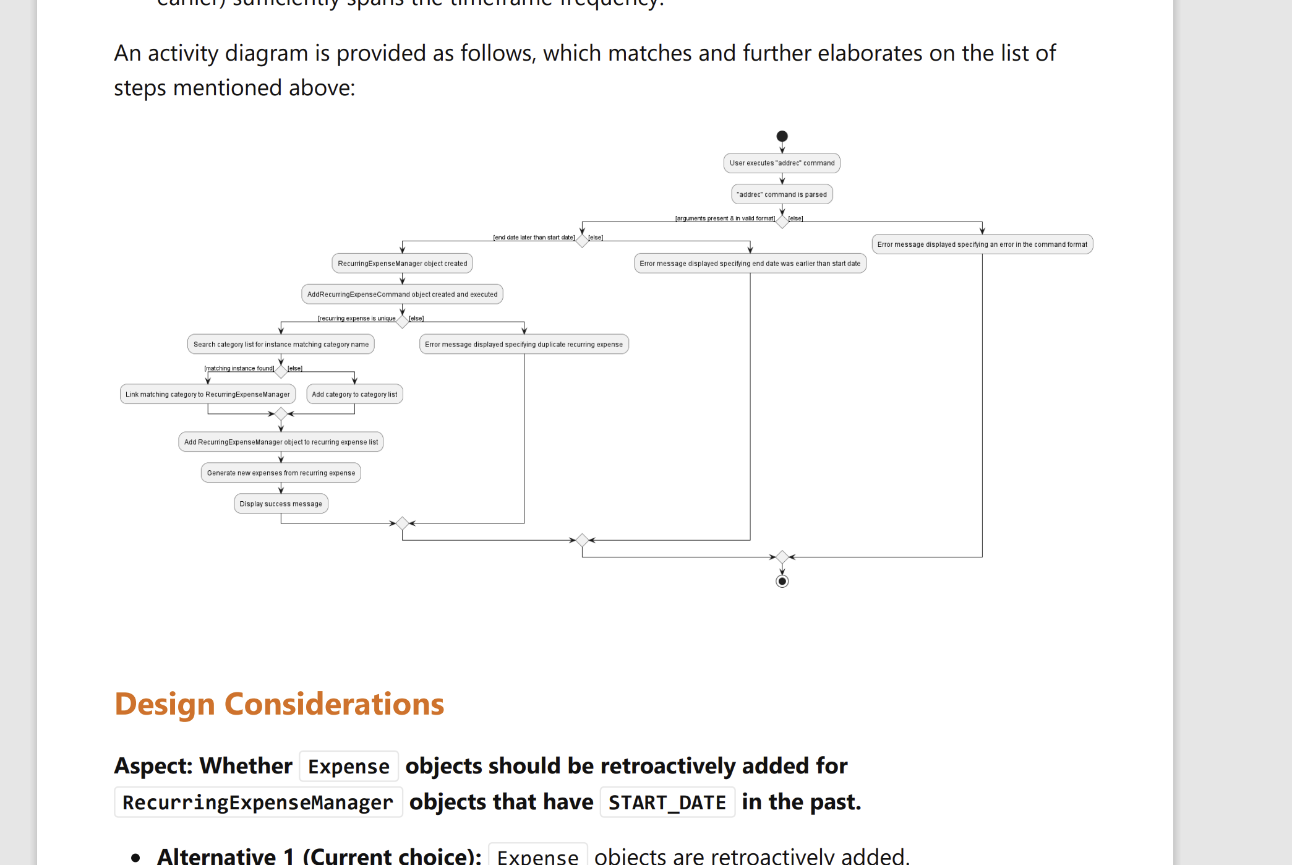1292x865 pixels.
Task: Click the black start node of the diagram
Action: point(782,136)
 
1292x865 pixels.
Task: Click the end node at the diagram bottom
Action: point(782,581)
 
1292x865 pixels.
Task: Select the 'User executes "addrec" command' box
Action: point(782,163)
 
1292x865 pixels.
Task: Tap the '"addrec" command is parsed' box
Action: point(782,194)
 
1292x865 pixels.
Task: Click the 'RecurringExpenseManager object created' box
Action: point(402,264)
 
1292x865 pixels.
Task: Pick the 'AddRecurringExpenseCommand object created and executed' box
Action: point(402,295)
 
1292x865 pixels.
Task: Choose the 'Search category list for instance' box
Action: point(281,345)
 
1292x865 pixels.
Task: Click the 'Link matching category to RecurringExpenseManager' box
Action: point(207,395)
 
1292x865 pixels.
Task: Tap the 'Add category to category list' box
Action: point(354,395)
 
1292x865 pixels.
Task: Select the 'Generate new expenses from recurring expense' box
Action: point(281,473)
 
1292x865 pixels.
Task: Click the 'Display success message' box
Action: point(281,504)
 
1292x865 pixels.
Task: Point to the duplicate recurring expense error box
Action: point(524,345)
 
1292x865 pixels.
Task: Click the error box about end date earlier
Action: point(750,264)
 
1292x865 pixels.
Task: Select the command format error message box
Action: point(982,244)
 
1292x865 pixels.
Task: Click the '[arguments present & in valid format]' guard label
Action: point(725,218)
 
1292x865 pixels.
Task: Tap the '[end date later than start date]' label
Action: point(534,238)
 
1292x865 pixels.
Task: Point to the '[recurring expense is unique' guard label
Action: point(357,319)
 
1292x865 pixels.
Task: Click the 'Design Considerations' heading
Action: point(280,704)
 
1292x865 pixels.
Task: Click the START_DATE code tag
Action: point(667,803)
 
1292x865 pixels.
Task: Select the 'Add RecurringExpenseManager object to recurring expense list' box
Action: point(281,442)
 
